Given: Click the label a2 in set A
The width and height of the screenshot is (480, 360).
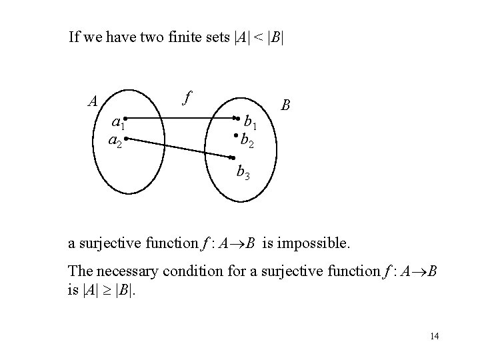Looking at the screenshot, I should (x=115, y=141).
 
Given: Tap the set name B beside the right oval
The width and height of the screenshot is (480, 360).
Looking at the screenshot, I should (x=285, y=105).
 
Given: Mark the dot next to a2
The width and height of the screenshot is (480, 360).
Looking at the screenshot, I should (x=125, y=139).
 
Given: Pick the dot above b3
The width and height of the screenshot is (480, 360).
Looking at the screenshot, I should (x=233, y=158).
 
